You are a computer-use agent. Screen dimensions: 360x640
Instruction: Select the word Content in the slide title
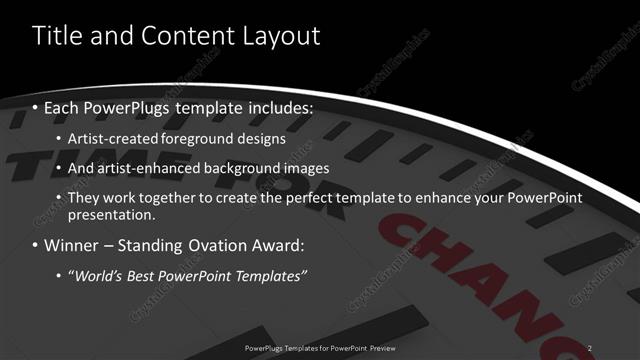(x=184, y=37)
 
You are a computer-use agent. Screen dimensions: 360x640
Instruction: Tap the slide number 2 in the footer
(x=590, y=347)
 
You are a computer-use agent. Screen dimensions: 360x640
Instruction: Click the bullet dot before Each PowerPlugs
(x=36, y=107)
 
